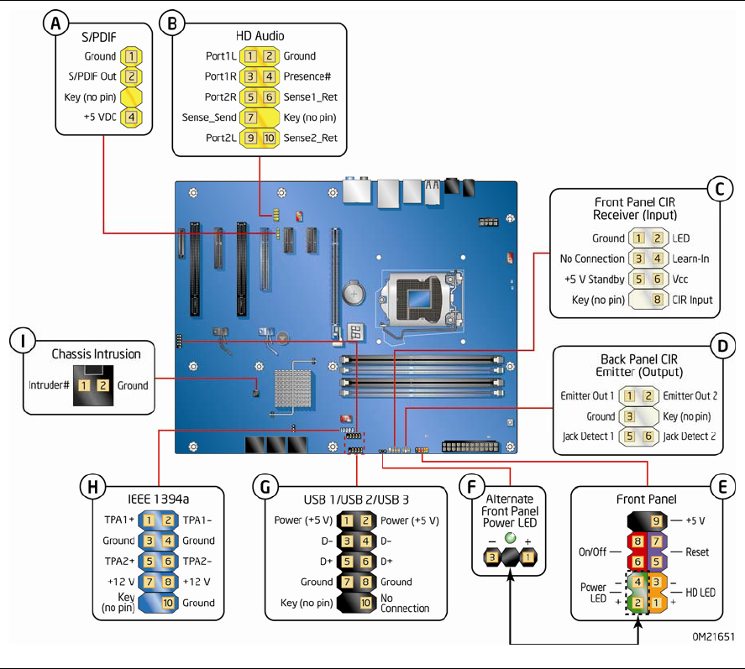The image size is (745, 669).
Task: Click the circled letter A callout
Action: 55,24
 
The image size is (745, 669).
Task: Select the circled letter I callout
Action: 22,340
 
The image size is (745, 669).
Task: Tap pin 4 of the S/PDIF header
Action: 131,118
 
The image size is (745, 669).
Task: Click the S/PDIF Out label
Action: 93,77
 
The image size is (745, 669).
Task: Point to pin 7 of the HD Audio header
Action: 251,118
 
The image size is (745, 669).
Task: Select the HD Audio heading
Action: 260,36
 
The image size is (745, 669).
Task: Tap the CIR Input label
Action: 691,299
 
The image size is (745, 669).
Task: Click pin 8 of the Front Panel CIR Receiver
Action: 658,299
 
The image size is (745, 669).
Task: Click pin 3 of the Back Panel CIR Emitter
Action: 628,416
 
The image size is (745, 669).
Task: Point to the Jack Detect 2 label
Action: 689,436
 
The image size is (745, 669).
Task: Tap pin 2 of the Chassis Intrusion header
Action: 102,385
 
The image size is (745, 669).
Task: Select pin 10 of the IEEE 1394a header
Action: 166,603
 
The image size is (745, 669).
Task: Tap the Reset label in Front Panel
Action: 697,551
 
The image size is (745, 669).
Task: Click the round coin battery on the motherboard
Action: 353,292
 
